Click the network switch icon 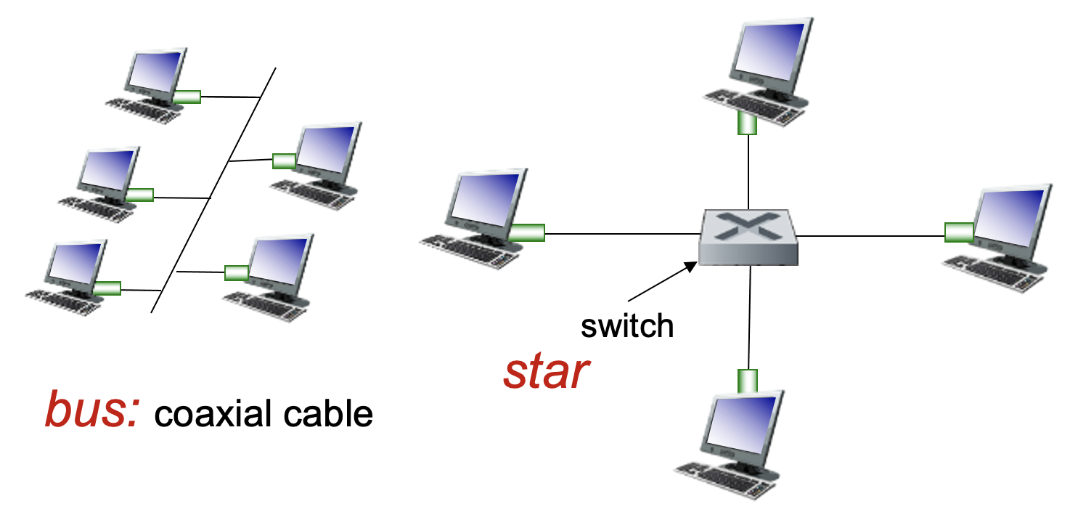click(x=748, y=238)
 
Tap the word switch click(x=627, y=326)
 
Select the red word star click(x=546, y=372)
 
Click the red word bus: click(x=91, y=410)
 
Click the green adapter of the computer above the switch click(x=748, y=123)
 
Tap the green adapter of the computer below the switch click(x=748, y=380)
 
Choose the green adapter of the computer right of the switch click(x=959, y=232)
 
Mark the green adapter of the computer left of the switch click(x=527, y=232)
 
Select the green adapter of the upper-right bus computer click(x=283, y=161)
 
